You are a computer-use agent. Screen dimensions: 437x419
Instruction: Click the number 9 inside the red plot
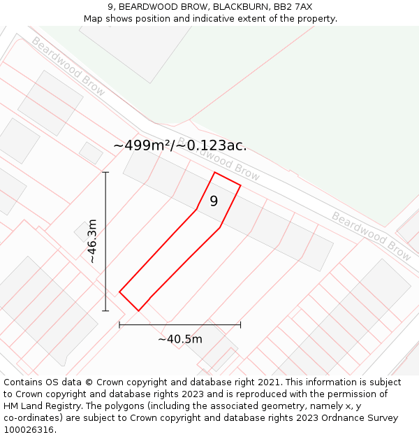coord(214,201)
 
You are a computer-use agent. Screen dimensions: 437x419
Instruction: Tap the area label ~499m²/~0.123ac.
coord(179,145)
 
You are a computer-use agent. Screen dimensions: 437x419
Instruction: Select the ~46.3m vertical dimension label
coord(92,241)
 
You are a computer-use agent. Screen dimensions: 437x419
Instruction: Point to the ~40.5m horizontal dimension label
coord(180,339)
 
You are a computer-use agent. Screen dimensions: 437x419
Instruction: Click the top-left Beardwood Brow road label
coord(68,66)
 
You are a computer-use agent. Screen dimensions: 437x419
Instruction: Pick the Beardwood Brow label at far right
coord(371,236)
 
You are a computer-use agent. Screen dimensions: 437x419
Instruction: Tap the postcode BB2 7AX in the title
coord(293,7)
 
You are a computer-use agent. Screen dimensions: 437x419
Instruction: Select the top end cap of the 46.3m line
coord(106,172)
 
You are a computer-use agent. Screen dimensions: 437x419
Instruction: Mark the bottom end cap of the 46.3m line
coord(106,310)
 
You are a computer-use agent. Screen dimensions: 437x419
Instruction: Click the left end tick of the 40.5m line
coord(119,324)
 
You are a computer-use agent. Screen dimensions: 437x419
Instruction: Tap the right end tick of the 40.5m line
coord(240,324)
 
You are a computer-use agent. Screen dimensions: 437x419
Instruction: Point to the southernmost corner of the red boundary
coord(138,310)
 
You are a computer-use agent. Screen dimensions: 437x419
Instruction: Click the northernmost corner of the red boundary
coord(214,172)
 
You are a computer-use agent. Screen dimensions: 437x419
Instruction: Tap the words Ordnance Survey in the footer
coord(358,418)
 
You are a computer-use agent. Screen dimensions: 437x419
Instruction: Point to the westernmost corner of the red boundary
coord(119,292)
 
